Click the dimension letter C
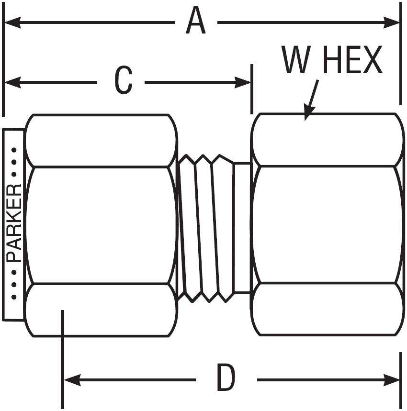click(123, 82)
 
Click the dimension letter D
click(226, 378)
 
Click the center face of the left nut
click(101, 225)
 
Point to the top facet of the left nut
click(101, 141)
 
